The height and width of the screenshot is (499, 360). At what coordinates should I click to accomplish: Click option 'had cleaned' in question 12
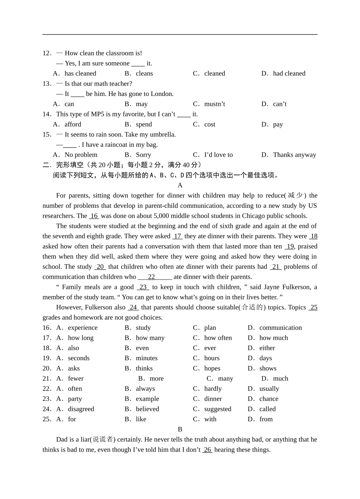coord(289,74)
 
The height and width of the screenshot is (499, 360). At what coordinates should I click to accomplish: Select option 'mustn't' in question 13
coord(214,104)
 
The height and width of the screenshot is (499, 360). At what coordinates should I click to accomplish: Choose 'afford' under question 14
coord(73,124)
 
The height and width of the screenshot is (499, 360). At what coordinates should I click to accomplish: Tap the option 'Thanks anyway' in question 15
coord(294,155)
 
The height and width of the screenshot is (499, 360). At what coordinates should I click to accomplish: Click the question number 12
coord(47,53)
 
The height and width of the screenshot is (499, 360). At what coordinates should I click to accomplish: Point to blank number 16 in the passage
coord(94,216)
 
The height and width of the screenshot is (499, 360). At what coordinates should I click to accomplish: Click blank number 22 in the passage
coord(152,277)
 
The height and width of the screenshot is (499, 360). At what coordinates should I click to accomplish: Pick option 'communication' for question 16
coord(280,328)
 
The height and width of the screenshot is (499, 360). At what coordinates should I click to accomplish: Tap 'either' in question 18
coord(267,348)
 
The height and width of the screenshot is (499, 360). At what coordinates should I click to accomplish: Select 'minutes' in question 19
coord(147,358)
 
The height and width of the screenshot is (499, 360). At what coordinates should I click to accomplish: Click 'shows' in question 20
coord(268,369)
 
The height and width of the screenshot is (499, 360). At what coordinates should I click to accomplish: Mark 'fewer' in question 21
coord(76,378)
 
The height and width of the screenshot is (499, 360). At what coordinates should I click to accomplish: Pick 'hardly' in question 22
coord(213,389)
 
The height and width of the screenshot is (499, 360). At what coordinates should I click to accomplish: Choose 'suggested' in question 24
coord(218,409)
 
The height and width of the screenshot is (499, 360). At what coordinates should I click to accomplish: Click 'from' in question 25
coord(266,419)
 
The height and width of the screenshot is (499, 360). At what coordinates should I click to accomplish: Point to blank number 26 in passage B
coord(207,450)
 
